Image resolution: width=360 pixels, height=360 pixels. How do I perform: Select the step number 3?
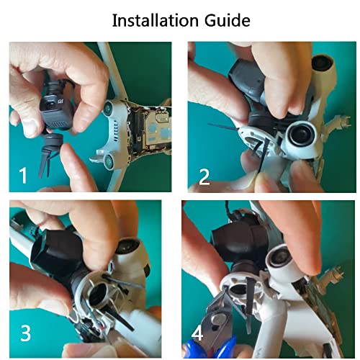25,333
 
